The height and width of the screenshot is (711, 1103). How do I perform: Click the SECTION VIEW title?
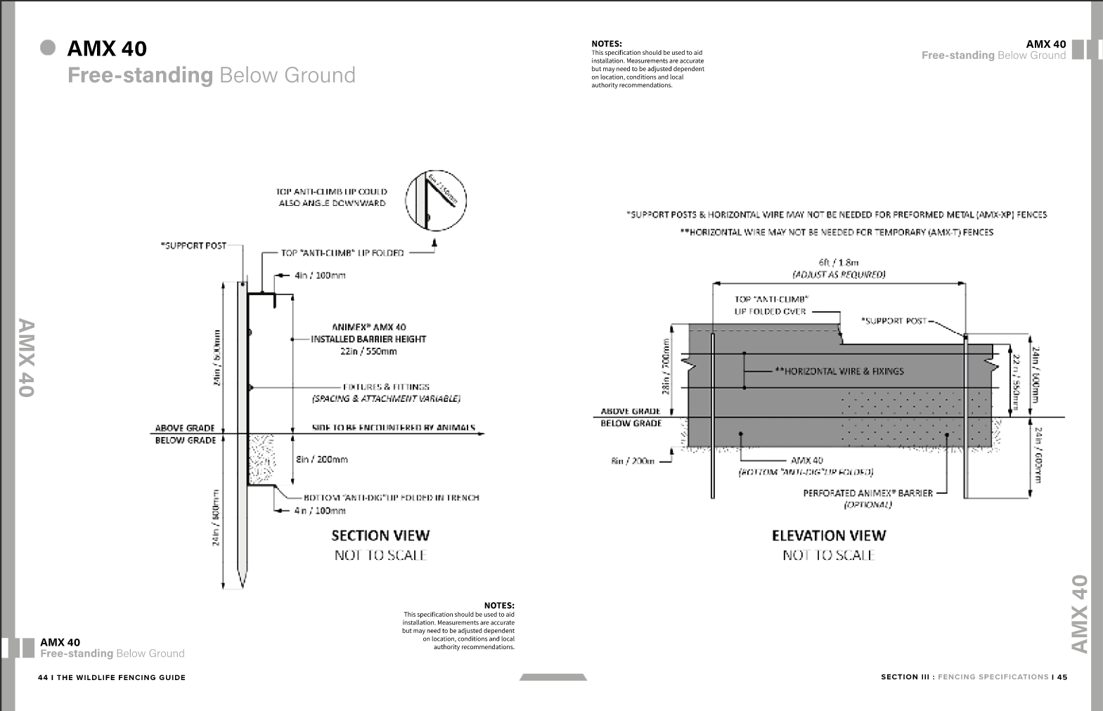380,535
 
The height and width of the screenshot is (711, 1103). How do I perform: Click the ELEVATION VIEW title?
829,535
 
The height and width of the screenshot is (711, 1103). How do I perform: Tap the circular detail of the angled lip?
436,200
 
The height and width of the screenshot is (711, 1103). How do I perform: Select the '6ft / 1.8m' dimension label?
839,262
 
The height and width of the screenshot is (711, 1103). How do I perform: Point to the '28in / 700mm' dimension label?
666,366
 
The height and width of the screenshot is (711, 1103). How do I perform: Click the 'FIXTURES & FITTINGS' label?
386,386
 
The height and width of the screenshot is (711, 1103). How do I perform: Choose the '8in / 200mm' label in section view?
321,459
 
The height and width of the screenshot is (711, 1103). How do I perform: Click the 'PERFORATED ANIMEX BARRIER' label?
867,493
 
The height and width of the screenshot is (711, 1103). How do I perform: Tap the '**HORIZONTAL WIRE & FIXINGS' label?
839,371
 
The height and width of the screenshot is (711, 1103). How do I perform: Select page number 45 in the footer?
1062,677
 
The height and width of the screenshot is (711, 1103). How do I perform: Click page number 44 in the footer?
43,677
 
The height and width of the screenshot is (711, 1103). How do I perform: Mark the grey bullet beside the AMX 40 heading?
48,48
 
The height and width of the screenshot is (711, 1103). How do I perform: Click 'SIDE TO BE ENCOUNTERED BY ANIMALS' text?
393,427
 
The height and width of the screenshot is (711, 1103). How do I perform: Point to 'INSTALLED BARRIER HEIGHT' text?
368,339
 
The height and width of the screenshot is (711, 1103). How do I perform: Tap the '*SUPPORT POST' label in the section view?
193,245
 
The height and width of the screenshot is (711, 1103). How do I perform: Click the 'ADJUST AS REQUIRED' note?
839,275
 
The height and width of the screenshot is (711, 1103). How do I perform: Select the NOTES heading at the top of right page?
606,44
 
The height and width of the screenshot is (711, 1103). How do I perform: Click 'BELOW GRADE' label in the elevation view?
631,423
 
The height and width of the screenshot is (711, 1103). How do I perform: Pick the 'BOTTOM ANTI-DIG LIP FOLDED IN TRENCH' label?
391,497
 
